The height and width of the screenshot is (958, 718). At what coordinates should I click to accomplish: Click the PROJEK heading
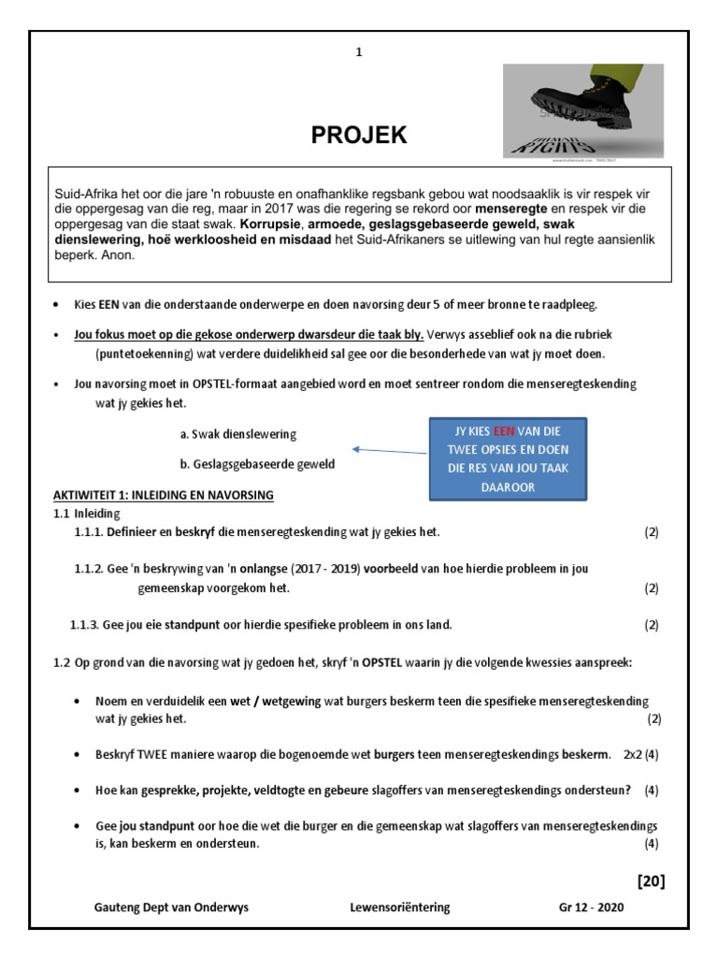pyautogui.click(x=359, y=136)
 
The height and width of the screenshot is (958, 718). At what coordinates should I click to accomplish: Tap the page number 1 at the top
pyautogui.click(x=358, y=52)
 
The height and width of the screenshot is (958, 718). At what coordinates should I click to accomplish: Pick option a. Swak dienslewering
pyautogui.click(x=237, y=434)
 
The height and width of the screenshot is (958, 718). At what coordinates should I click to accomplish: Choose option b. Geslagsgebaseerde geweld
pyautogui.click(x=256, y=464)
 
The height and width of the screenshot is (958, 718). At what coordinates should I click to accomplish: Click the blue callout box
pyautogui.click(x=507, y=458)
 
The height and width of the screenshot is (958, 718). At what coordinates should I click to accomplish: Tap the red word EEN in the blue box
pyautogui.click(x=504, y=431)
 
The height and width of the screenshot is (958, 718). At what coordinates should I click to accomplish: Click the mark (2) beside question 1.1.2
pyautogui.click(x=651, y=588)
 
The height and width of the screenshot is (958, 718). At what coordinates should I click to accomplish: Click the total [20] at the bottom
pyautogui.click(x=650, y=880)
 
